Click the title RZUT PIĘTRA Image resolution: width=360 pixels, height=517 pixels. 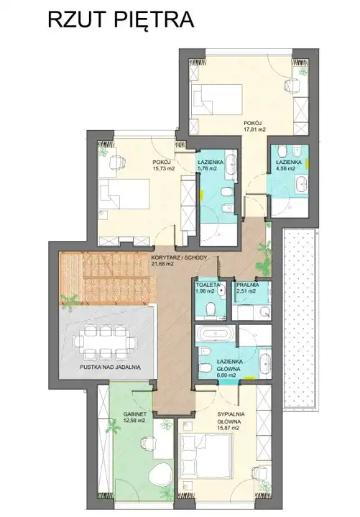pos(121,20)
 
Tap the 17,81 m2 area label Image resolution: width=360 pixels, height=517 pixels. pos(254,129)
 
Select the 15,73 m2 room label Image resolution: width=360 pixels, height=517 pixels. pos(163,168)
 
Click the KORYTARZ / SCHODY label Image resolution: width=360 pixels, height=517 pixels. pos(179,258)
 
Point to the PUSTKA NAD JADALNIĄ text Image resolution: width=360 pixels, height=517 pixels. pos(111,367)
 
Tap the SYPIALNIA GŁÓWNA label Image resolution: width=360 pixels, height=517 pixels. pos(231,418)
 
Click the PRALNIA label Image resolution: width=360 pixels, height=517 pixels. pos(247,285)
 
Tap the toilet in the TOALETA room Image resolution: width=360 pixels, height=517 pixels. pos(210,310)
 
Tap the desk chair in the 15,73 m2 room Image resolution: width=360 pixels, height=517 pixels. pos(118,163)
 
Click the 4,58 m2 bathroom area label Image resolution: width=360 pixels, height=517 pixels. pos(286,168)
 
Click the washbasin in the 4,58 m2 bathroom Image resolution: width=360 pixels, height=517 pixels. pos(301,185)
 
